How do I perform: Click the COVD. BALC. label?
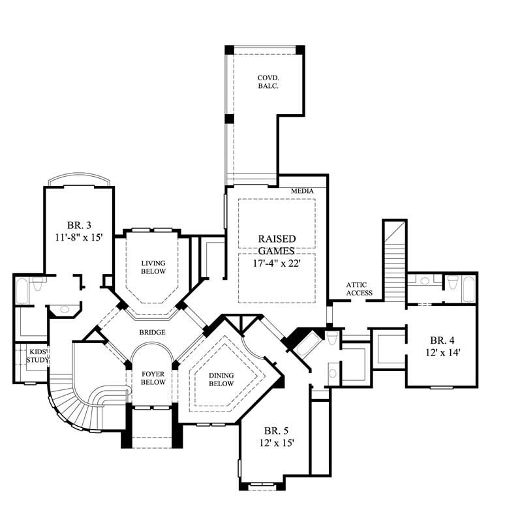point(268,82)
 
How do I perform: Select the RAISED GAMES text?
point(277,245)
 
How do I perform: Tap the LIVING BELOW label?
point(153,267)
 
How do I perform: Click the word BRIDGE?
point(151,333)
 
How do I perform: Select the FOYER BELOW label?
point(153,378)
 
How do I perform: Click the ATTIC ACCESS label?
point(360,289)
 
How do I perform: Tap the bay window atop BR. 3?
point(79,180)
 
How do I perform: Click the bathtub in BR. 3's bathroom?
point(22,292)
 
